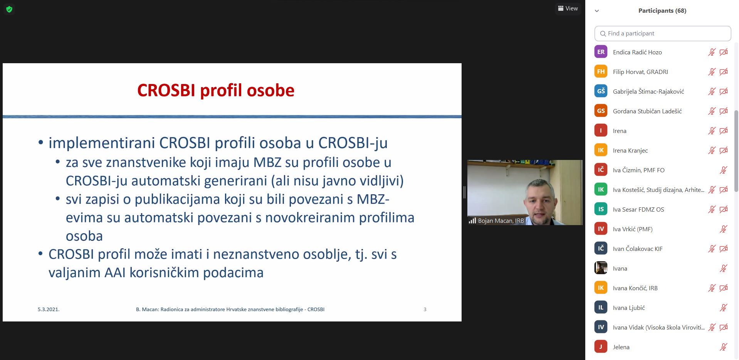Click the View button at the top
(568, 8)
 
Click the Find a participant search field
(663, 34)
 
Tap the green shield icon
(9, 9)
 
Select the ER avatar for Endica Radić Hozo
(601, 52)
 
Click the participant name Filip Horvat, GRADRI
(640, 72)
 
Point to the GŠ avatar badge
(601, 91)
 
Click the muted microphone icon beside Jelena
(723, 347)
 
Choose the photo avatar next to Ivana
(601, 268)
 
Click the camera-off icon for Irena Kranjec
(724, 150)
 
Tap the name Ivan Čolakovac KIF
(638, 249)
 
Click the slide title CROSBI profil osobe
(216, 91)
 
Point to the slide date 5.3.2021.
(49, 309)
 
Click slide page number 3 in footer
(425, 309)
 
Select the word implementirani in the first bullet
(102, 143)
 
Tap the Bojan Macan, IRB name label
(501, 221)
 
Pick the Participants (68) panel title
(662, 11)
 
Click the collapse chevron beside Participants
(597, 11)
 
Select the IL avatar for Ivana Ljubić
(601, 308)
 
